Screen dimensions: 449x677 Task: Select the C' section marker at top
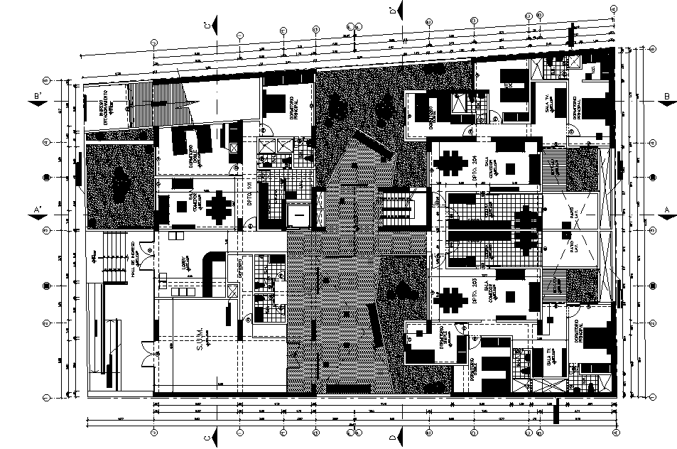tap(207, 26)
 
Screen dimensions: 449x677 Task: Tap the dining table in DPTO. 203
tap(452, 298)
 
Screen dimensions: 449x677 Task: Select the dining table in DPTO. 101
tap(221, 208)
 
